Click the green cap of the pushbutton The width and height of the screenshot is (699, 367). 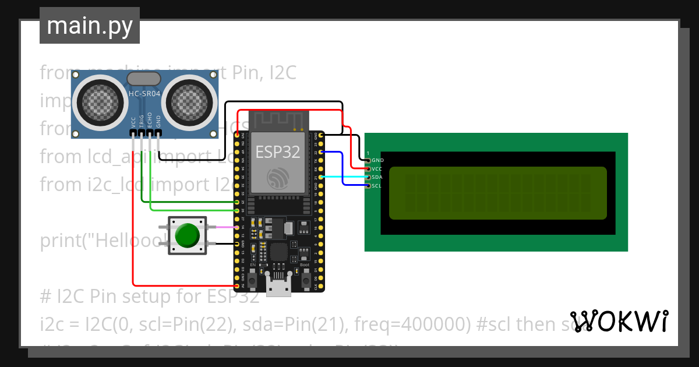pyautogui.click(x=187, y=235)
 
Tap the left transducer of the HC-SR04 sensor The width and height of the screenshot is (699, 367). pyautogui.click(x=101, y=104)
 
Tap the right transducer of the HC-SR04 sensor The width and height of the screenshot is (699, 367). pyautogui.click(x=188, y=104)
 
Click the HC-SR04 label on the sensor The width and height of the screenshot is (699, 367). pyautogui.click(x=144, y=94)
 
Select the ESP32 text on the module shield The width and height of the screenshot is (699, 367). pyautogui.click(x=278, y=152)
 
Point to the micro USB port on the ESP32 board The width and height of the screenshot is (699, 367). pyautogui.click(x=278, y=286)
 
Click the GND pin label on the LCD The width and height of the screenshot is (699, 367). pyautogui.click(x=377, y=160)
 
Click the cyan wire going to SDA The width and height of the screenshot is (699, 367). pyautogui.click(x=344, y=177)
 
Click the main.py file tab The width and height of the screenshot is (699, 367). pyautogui.click(x=90, y=26)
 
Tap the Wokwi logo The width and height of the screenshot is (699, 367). pyautogui.click(x=619, y=321)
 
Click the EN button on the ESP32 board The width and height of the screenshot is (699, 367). pyautogui.click(x=253, y=281)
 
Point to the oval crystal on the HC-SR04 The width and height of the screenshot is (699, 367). pyautogui.click(x=143, y=79)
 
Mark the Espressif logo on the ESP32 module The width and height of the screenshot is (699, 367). pyautogui.click(x=278, y=178)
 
